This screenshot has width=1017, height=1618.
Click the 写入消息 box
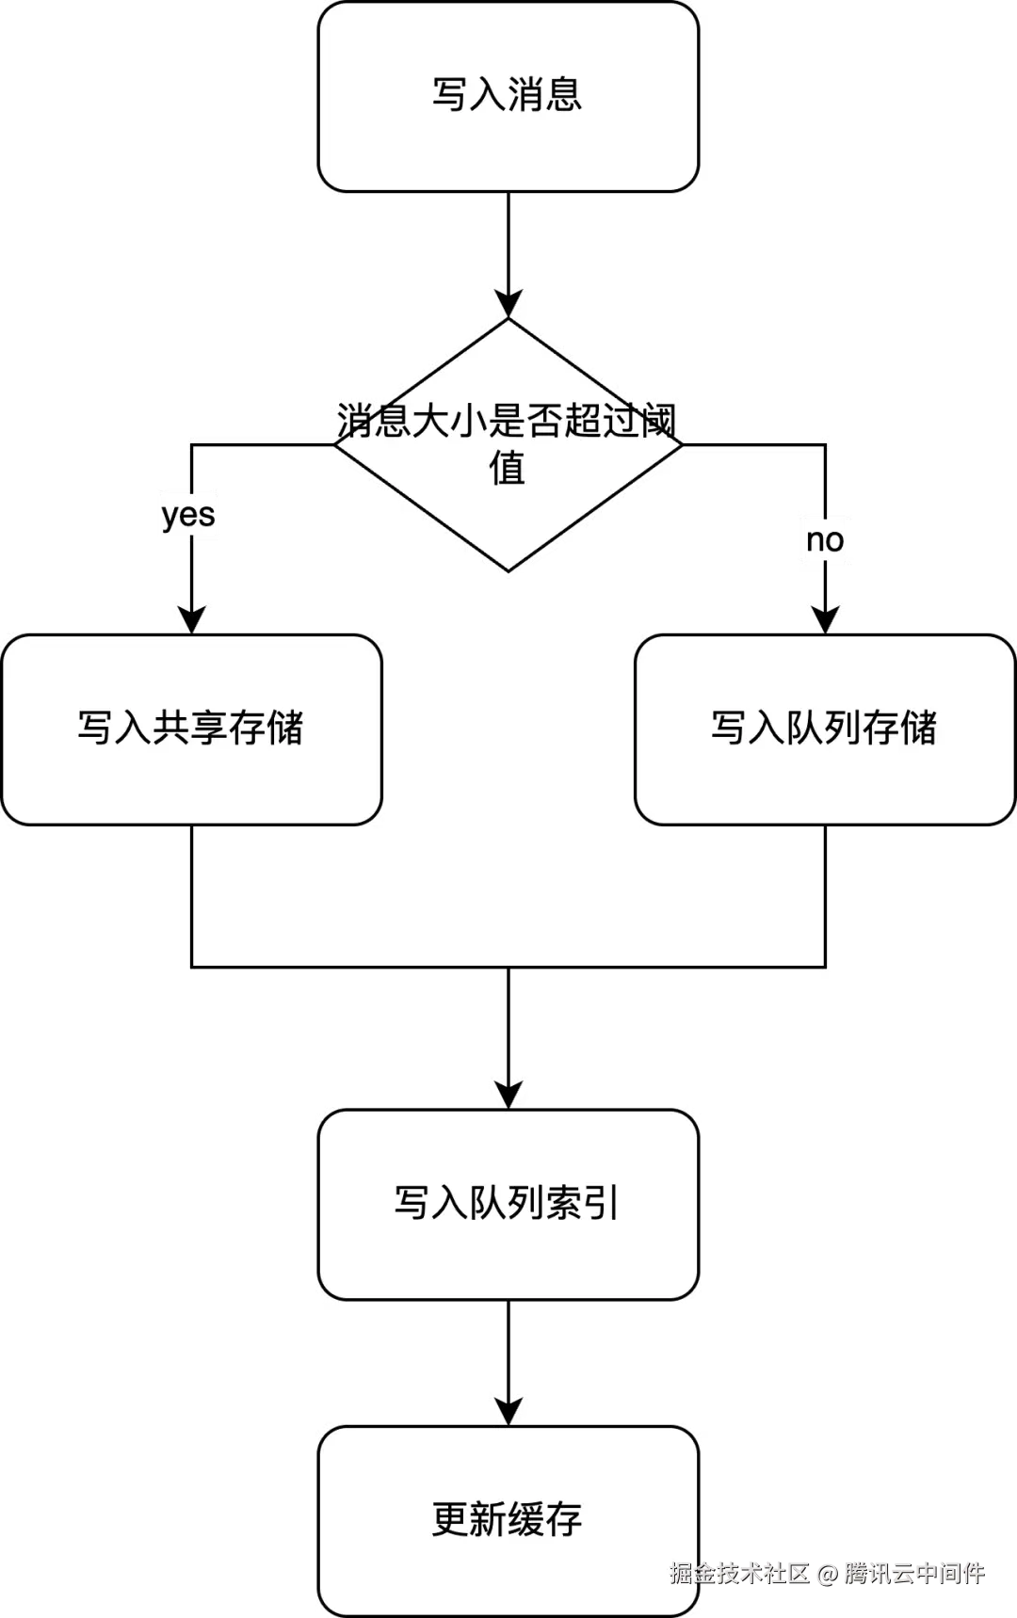point(508,96)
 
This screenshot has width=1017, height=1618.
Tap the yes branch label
point(188,515)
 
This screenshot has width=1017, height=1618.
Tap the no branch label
point(825,540)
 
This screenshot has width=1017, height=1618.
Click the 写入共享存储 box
point(191,729)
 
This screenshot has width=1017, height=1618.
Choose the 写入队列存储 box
point(825,729)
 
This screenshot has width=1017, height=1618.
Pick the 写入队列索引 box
point(508,1205)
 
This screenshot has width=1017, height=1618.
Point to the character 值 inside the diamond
point(508,469)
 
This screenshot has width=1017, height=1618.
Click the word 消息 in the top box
point(545,95)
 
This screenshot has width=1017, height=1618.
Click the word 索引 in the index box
point(583,1203)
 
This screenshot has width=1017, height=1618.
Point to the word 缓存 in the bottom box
point(545,1519)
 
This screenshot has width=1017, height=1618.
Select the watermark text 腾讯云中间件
point(914,1573)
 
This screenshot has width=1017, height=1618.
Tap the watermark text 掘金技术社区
point(740,1573)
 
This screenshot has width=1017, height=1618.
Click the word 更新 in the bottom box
point(470,1519)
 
